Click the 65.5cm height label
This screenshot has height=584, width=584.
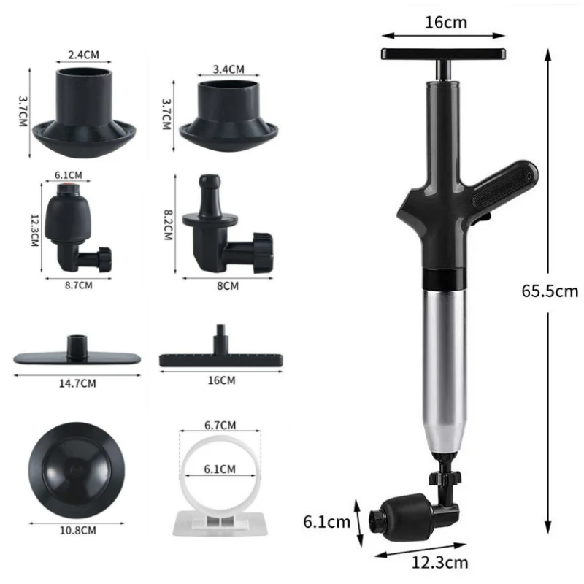click(x=550, y=291)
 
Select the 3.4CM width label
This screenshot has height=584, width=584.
click(x=228, y=69)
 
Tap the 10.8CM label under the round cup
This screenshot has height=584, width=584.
click(x=79, y=530)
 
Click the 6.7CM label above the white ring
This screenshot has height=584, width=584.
click(x=220, y=425)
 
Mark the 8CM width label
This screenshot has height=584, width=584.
click(x=228, y=285)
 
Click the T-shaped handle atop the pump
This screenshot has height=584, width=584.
click(x=444, y=53)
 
